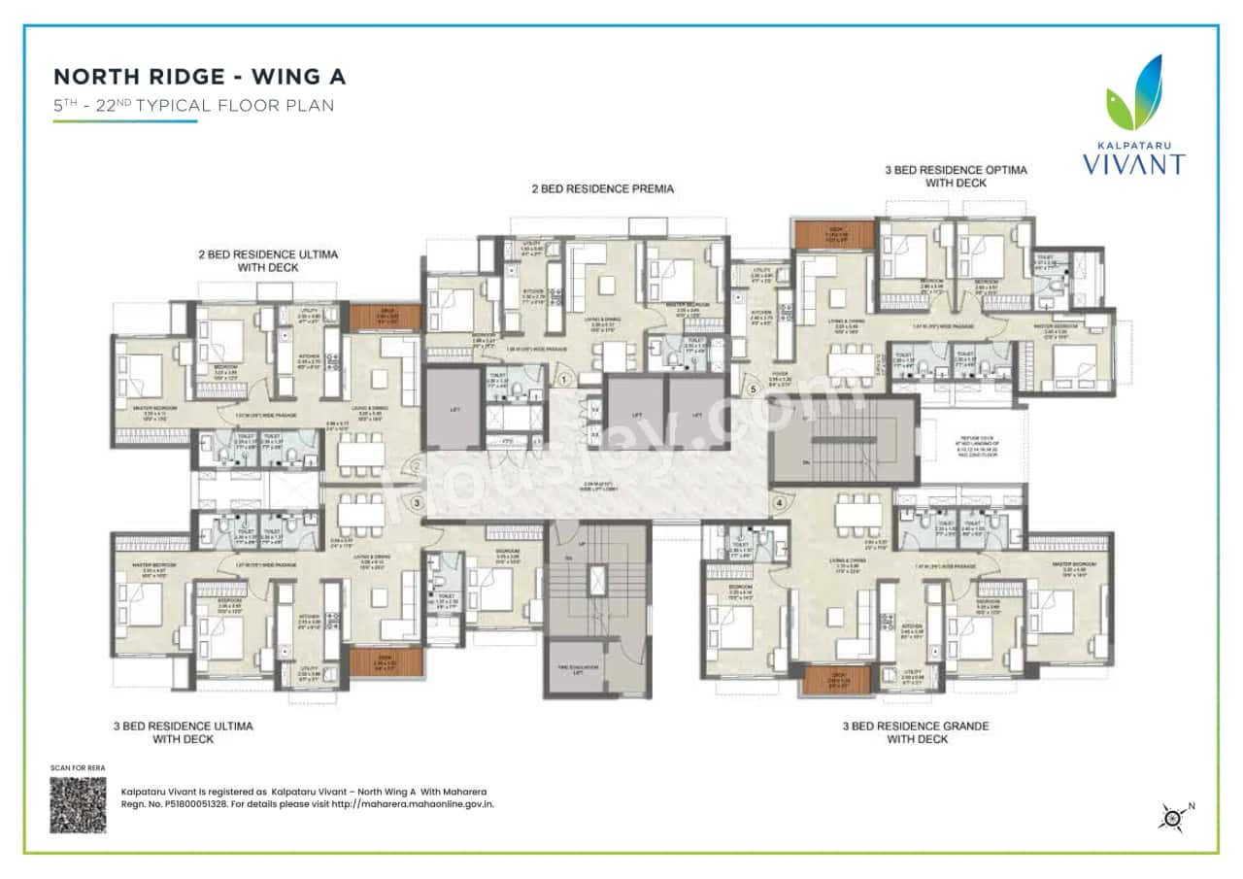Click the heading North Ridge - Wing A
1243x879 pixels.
point(199,77)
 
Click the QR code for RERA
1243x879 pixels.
point(78,804)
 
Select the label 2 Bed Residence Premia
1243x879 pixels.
point(603,188)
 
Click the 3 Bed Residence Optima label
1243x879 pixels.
point(956,176)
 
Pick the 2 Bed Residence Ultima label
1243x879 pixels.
point(268,260)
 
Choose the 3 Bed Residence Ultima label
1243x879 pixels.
point(202,732)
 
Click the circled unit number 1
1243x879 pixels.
point(562,380)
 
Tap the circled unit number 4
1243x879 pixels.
point(779,503)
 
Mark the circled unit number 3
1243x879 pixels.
point(417,503)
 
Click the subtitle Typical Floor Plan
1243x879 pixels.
point(193,106)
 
